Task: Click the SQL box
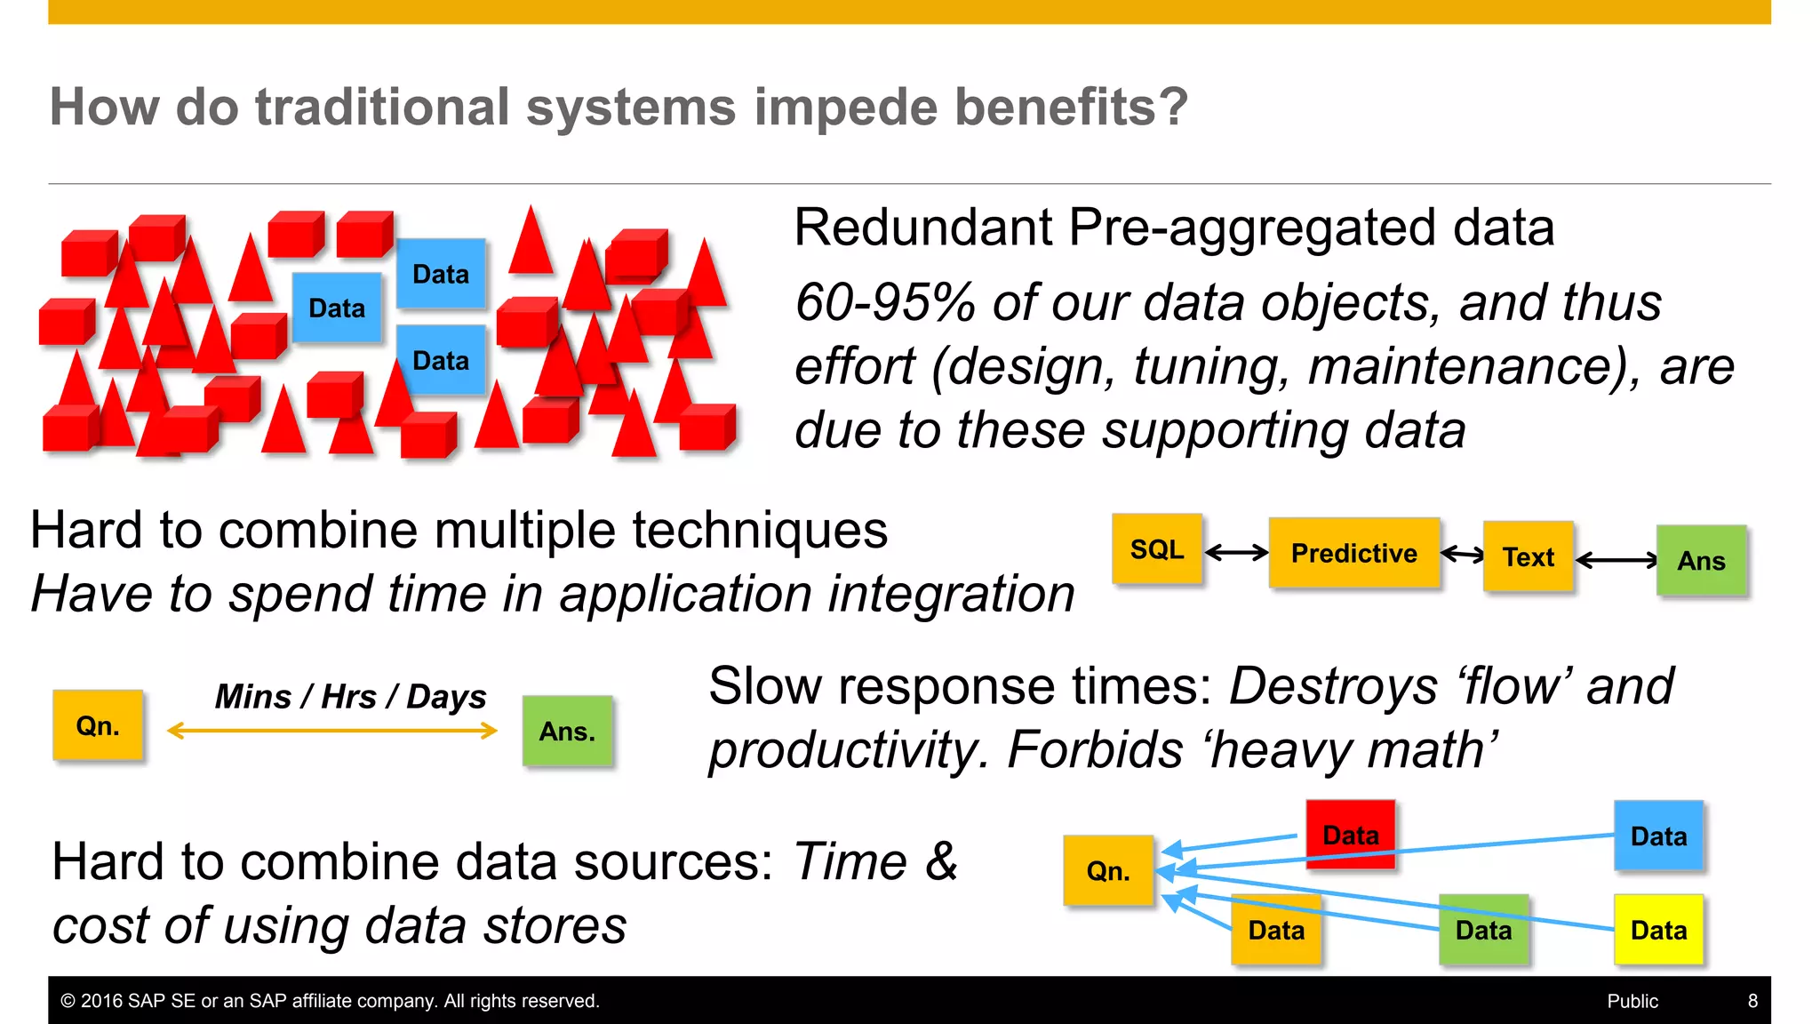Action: [x=1156, y=549]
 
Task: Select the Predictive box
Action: [x=1353, y=553]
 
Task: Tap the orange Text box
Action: [x=1528, y=557]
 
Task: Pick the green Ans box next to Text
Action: [x=1701, y=561]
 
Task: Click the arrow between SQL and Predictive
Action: [x=1236, y=553]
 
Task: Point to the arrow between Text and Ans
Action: [x=1616, y=560]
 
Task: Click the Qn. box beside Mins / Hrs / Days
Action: [x=98, y=725]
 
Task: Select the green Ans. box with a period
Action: [x=567, y=731]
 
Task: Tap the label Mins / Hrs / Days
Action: [x=350, y=697]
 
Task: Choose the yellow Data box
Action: [x=1658, y=930]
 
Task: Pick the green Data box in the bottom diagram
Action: [x=1483, y=930]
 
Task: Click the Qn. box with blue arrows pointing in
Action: [x=1108, y=870]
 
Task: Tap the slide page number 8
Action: [x=1752, y=1001]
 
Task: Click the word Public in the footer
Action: [x=1632, y=1001]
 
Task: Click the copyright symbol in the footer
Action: [x=68, y=1001]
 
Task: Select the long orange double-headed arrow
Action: [x=332, y=731]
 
